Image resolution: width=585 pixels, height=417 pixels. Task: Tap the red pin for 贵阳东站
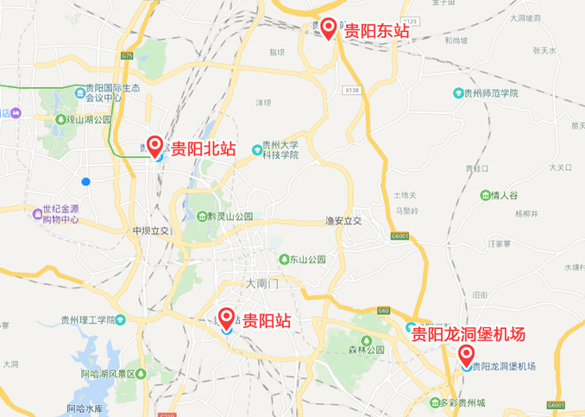pyautogui.click(x=330, y=28)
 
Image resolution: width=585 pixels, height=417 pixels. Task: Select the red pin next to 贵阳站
pyautogui.click(x=227, y=318)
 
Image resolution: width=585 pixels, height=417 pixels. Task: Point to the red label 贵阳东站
pyautogui.click(x=376, y=31)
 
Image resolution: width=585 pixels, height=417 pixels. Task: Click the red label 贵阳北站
pyautogui.click(x=203, y=148)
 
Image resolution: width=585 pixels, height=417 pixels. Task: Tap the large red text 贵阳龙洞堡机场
pyautogui.click(x=479, y=334)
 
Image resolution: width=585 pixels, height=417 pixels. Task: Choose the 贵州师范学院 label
pyautogui.click(x=492, y=93)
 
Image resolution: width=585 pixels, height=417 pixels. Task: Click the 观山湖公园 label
pyautogui.click(x=86, y=119)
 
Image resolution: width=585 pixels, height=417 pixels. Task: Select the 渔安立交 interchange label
pyautogui.click(x=343, y=221)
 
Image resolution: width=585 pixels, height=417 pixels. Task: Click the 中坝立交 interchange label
pyautogui.click(x=153, y=231)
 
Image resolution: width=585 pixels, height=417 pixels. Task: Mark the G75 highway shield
pyautogui.click(x=128, y=55)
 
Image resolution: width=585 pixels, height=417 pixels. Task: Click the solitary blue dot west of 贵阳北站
pyautogui.click(x=85, y=181)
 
